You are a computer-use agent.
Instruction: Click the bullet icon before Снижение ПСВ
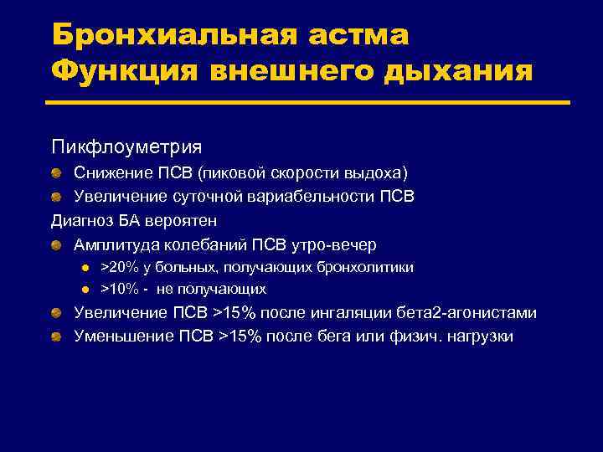click(x=54, y=173)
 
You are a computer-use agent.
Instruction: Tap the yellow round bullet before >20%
click(x=85, y=268)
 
